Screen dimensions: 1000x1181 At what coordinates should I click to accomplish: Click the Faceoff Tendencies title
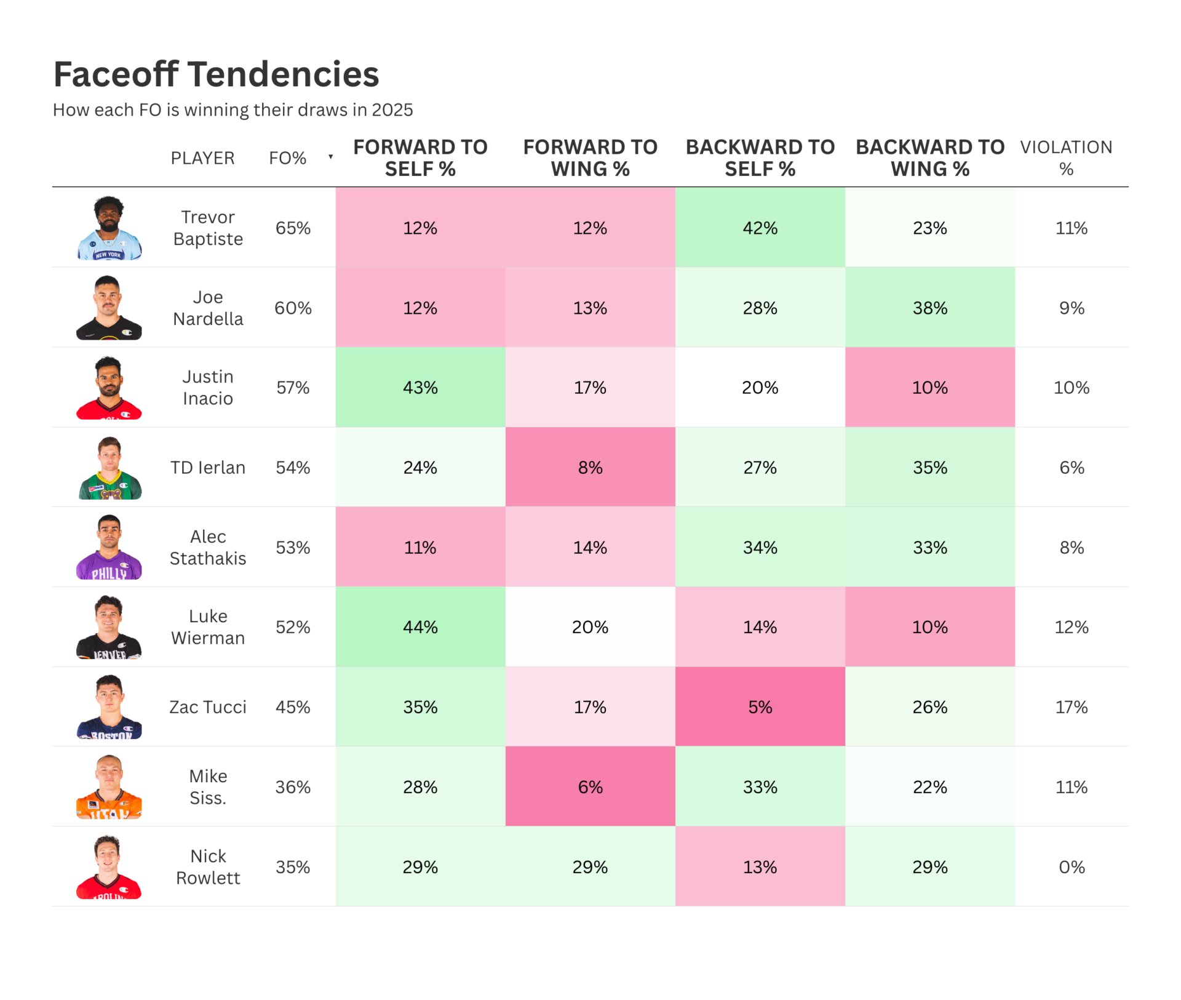216,74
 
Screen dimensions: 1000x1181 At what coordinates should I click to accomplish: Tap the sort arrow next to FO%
330,157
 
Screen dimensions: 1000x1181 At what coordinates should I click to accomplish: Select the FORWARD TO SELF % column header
420,158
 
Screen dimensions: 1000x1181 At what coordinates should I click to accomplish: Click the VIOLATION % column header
1066,158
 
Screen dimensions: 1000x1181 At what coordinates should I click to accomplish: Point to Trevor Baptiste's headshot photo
109,228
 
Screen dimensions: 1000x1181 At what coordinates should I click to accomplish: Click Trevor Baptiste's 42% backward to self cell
760,228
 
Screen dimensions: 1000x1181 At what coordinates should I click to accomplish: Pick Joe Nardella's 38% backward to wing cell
929,308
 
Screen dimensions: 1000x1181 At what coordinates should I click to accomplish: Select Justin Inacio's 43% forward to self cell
420,388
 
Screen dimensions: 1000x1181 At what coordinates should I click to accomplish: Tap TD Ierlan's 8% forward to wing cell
590,468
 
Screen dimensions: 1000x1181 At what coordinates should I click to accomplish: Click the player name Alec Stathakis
208,547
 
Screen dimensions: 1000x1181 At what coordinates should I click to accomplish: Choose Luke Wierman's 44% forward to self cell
420,627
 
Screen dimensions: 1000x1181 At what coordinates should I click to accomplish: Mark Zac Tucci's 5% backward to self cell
760,707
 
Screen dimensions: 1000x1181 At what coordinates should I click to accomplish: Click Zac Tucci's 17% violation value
1071,707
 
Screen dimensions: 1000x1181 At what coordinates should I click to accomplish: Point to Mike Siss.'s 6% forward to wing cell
590,787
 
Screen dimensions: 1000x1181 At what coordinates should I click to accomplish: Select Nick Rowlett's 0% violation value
1071,867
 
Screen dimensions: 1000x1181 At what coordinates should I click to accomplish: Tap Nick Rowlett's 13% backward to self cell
760,867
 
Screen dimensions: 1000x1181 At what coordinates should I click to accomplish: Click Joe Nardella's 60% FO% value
293,308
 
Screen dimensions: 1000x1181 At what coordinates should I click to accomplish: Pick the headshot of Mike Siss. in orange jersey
109,787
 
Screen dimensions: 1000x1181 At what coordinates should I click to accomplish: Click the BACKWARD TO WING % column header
929,158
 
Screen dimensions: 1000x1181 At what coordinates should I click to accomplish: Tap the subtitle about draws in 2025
233,110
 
